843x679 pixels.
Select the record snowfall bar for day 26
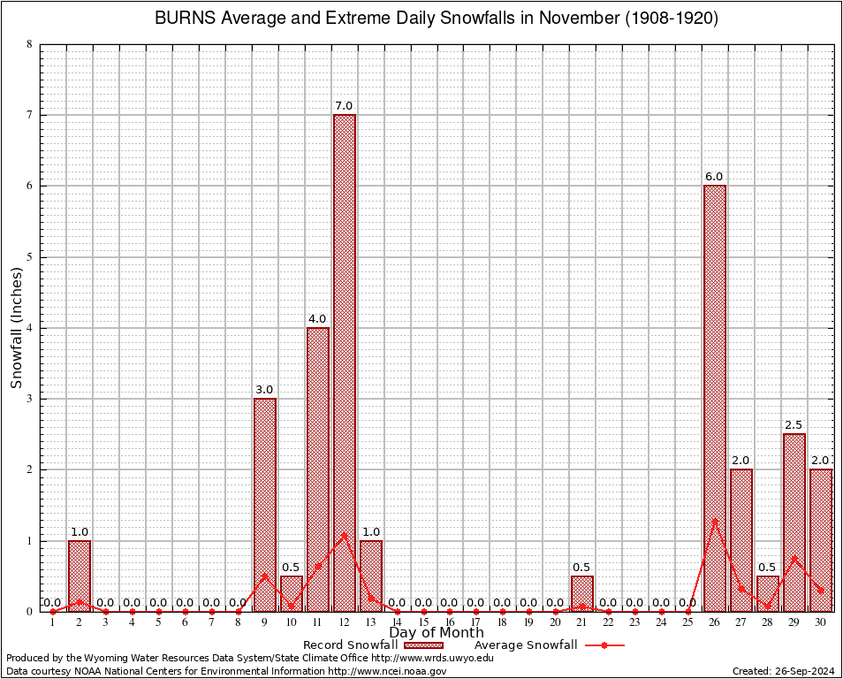714,398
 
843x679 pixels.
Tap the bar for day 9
264,504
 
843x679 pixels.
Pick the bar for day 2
80,575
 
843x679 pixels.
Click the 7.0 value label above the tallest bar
344,106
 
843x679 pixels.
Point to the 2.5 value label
794,425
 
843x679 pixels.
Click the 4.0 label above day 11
317,319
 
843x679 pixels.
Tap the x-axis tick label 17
475,622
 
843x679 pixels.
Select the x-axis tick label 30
820,622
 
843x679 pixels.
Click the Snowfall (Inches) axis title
17,327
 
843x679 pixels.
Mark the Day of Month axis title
436,632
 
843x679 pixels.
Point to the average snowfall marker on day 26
714,520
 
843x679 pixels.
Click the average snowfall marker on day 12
344,534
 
